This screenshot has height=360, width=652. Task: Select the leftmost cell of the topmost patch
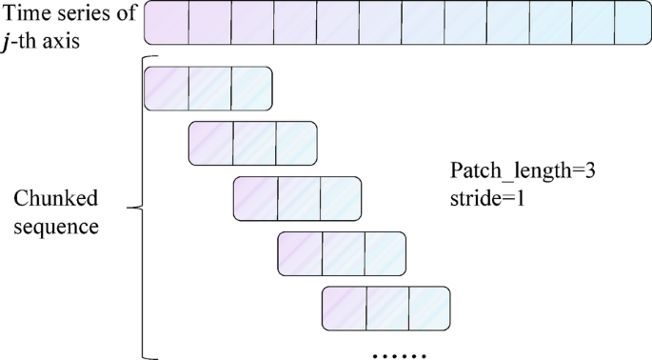pyautogui.click(x=167, y=89)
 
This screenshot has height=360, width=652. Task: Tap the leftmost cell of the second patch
pyautogui.click(x=211, y=142)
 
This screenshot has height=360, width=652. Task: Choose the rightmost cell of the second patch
pyautogui.click(x=296, y=142)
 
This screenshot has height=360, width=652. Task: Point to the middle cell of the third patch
pyautogui.click(x=299, y=197)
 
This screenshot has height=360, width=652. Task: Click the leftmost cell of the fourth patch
pyautogui.click(x=300, y=253)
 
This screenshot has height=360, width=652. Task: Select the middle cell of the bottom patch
pyautogui.click(x=388, y=309)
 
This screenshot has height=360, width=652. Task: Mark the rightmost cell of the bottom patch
pyautogui.click(x=429, y=309)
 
